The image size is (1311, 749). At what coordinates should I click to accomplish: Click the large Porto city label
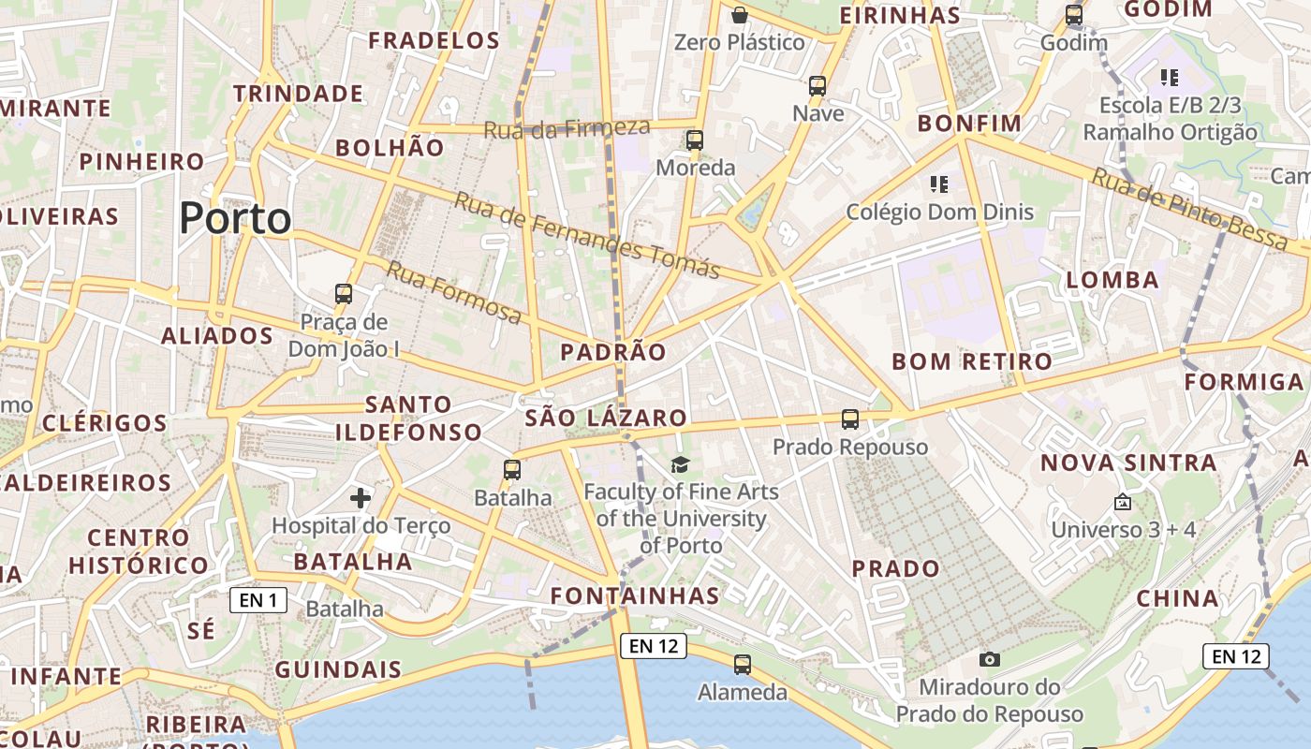pyautogui.click(x=235, y=219)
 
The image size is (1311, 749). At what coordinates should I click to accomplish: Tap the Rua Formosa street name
pyautogui.click(x=454, y=292)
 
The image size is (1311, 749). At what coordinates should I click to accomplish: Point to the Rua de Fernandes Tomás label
pyautogui.click(x=587, y=235)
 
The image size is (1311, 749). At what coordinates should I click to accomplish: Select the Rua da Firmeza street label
pyautogui.click(x=567, y=128)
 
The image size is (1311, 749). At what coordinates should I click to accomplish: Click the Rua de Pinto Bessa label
pyautogui.click(x=1189, y=209)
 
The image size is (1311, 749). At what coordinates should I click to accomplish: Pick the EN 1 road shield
pyautogui.click(x=258, y=600)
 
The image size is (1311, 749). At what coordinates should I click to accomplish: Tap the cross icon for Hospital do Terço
pyautogui.click(x=361, y=498)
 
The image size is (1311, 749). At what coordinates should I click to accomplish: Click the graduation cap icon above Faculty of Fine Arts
pyautogui.click(x=680, y=464)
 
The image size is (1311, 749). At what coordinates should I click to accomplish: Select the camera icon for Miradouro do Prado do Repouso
pyautogui.click(x=990, y=659)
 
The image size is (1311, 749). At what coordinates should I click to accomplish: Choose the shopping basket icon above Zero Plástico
pyautogui.click(x=740, y=15)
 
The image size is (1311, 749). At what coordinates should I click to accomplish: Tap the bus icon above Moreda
pyautogui.click(x=695, y=140)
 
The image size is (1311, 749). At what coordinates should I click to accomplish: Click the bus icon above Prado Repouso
pyautogui.click(x=850, y=419)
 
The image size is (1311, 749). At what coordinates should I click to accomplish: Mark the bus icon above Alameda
pyautogui.click(x=743, y=665)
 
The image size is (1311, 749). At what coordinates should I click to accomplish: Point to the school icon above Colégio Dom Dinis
pyautogui.click(x=939, y=184)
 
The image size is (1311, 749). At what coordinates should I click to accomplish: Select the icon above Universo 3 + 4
pyautogui.click(x=1123, y=503)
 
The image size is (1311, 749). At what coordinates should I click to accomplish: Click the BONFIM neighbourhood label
pyautogui.click(x=969, y=124)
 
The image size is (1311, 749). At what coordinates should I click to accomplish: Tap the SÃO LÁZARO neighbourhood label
pyautogui.click(x=606, y=419)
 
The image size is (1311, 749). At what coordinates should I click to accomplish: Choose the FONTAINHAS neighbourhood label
pyautogui.click(x=635, y=595)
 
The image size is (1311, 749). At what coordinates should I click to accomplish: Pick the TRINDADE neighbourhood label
pyautogui.click(x=298, y=94)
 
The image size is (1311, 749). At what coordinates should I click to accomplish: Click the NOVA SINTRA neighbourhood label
pyautogui.click(x=1128, y=463)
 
